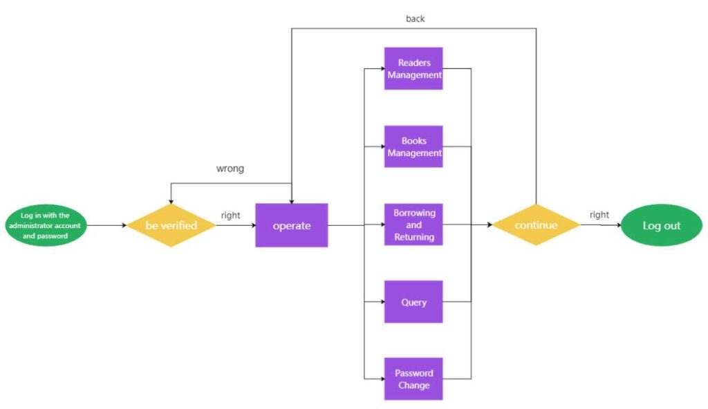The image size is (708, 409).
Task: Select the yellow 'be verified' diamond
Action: click(171, 225)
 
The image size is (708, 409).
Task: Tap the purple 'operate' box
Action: click(291, 225)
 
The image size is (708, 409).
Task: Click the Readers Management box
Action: click(413, 68)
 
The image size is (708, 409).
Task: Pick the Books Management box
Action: click(413, 146)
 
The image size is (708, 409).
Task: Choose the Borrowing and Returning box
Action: click(413, 225)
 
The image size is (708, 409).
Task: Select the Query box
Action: click(413, 302)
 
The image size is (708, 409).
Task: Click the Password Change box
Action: click(413, 379)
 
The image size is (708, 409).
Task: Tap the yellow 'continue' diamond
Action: click(536, 225)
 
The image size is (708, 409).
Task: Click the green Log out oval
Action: click(661, 225)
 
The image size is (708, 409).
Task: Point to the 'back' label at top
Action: click(415, 19)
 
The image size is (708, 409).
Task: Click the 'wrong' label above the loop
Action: click(230, 169)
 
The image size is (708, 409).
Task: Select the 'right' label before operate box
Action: click(230, 215)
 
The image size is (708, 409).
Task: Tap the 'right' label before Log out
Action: click(599, 215)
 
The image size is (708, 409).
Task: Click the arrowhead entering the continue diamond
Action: click(489, 225)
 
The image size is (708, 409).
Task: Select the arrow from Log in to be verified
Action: click(107, 225)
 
